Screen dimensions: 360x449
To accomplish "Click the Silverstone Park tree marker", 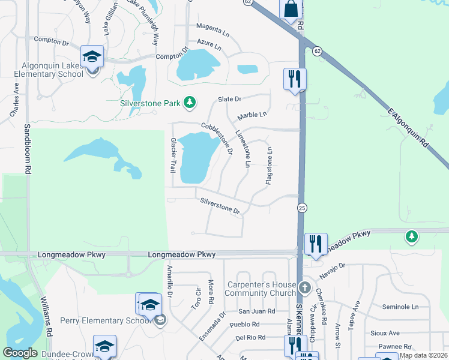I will [190, 103].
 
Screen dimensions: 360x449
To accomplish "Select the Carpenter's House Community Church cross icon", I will [305, 287].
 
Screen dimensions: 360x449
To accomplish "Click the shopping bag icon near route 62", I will [291, 8].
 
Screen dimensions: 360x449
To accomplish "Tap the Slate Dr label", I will [229, 98].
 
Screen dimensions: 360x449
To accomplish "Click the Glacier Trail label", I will [173, 154].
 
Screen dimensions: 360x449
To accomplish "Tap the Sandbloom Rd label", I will [28, 149].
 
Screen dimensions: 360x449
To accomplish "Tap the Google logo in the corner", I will [20, 353].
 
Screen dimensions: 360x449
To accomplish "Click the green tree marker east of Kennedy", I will [412, 238].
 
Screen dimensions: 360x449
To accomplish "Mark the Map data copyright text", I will [423, 355].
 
